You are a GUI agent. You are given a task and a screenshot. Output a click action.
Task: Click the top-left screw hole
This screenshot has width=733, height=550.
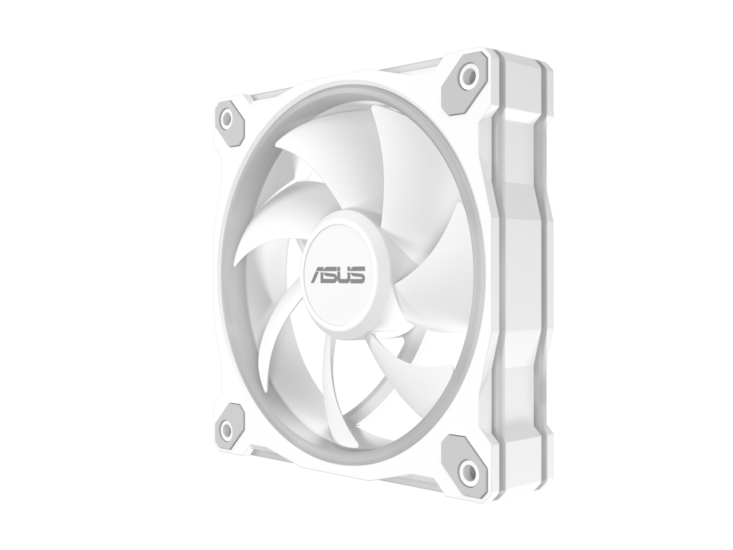(x=227, y=119)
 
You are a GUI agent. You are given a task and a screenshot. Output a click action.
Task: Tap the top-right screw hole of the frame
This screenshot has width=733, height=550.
(x=470, y=72)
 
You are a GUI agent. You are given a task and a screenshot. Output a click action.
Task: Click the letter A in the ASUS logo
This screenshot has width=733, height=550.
(x=318, y=274)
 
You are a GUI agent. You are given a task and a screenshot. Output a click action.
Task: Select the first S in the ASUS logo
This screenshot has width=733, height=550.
(x=333, y=274)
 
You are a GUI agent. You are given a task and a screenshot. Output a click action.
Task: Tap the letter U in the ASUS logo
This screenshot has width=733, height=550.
(x=346, y=275)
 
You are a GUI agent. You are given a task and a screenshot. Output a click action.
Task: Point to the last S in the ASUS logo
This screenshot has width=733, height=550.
(x=358, y=275)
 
